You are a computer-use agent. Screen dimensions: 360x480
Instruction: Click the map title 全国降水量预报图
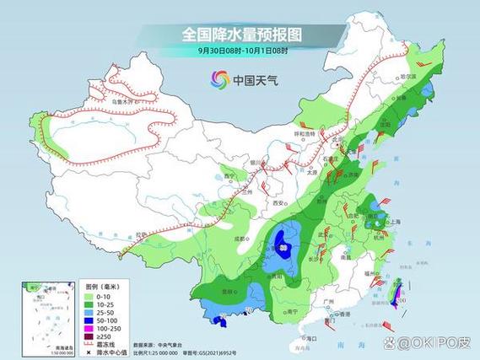click(242, 35)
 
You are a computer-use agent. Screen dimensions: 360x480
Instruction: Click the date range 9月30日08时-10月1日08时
click(243, 51)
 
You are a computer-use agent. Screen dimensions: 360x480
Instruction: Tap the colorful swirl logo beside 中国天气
click(219, 80)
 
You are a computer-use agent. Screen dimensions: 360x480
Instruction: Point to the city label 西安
click(275, 203)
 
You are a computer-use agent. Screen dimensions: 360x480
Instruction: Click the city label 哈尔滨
click(408, 77)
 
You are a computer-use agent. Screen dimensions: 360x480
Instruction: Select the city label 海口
click(310, 337)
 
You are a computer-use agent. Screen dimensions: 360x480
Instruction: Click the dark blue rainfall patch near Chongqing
click(285, 245)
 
